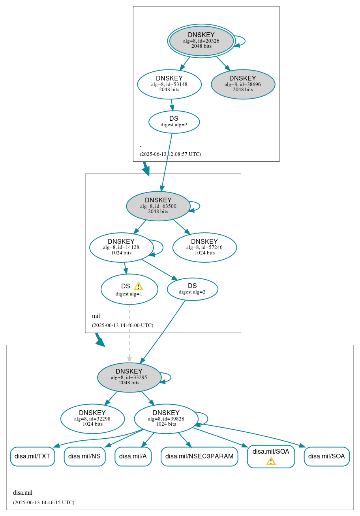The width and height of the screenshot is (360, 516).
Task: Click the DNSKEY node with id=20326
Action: click(201, 41)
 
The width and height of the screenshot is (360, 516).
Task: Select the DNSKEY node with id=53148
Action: click(169, 84)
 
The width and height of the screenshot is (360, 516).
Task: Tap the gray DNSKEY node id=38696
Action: click(243, 84)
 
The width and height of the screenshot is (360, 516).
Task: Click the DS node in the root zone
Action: click(174, 122)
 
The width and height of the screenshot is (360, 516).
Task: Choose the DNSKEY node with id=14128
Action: click(121, 247)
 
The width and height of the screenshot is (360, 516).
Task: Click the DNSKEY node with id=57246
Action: click(204, 247)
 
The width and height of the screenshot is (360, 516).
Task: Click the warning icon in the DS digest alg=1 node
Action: click(138, 286)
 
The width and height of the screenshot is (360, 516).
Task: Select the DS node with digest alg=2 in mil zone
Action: click(192, 289)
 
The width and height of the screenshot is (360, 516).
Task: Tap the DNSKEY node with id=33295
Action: click(129, 377)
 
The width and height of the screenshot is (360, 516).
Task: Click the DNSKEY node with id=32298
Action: click(92, 419)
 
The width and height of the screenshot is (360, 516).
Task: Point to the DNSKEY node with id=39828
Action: click(166, 419)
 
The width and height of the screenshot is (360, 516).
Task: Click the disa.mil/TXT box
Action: click(32, 456)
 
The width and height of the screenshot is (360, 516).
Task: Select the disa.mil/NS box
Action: click(84, 456)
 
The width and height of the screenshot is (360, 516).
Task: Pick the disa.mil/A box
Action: click(133, 456)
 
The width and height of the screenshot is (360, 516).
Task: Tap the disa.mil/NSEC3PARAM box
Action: click(199, 456)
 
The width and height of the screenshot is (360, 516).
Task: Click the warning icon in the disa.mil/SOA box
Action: click(271, 461)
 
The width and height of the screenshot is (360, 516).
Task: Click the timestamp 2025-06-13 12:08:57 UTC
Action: click(170, 154)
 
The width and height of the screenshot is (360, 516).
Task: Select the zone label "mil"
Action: click(96, 316)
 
